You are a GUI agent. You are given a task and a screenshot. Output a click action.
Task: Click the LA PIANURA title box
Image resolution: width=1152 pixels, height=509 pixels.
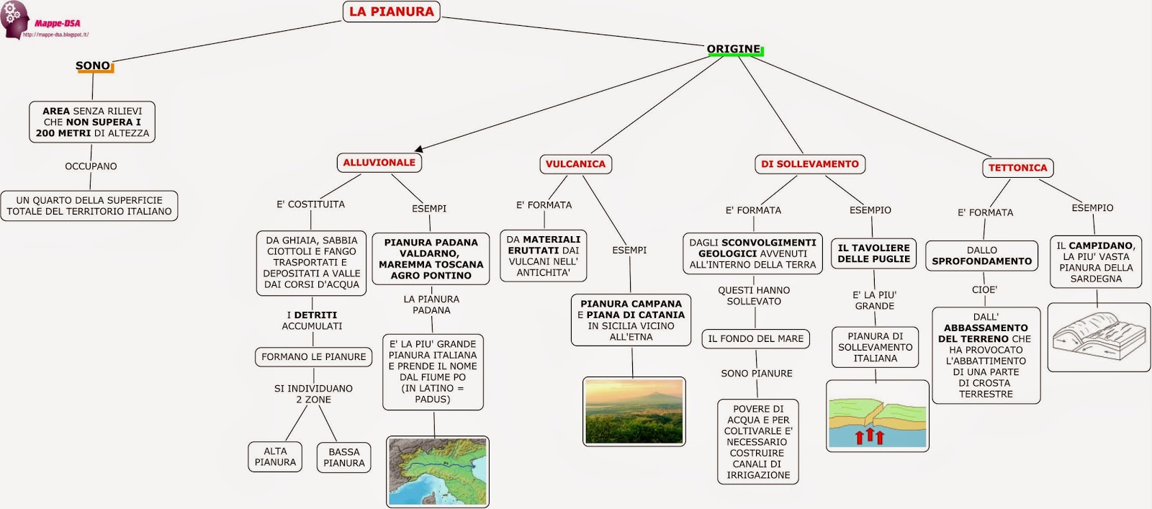[x=391, y=12]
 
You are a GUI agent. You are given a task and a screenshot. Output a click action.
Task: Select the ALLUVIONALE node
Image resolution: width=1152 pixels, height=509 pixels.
[x=379, y=163]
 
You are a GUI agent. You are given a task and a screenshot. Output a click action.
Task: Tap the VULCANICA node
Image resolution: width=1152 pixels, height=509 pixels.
[x=575, y=164]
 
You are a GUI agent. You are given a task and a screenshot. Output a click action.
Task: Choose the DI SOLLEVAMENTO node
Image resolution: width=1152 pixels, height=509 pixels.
[x=809, y=164]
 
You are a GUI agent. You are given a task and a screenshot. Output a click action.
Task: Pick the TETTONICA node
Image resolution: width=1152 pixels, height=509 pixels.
[x=1017, y=168]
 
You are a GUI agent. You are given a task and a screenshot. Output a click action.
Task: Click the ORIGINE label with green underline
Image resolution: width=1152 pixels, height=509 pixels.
[x=734, y=50]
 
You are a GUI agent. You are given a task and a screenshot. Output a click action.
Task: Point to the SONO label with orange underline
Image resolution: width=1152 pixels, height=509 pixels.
[x=94, y=66]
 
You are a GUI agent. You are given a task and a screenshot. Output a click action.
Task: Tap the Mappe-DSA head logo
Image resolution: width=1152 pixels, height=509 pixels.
[x=14, y=19]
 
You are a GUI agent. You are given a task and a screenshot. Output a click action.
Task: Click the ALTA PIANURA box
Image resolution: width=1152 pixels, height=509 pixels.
[x=275, y=456]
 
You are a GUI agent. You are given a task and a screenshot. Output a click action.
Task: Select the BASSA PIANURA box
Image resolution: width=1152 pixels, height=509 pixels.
[x=343, y=457]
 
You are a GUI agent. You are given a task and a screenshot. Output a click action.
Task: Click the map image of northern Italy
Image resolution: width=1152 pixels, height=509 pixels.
[x=438, y=472]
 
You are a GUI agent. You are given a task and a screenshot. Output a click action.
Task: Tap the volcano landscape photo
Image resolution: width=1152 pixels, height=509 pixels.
[x=634, y=411]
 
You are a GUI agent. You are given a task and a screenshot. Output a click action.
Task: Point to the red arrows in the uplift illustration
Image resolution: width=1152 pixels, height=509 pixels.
[x=869, y=436]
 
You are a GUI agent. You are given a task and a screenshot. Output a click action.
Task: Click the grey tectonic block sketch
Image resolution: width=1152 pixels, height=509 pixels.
[x=1098, y=336]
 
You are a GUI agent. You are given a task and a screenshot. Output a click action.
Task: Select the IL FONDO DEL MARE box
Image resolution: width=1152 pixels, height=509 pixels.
[x=755, y=338]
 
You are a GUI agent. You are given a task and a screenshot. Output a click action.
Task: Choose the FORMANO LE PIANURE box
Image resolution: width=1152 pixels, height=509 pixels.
[x=313, y=356]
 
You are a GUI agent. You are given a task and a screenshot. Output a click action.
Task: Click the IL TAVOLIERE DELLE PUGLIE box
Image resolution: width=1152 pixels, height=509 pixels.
[x=874, y=253]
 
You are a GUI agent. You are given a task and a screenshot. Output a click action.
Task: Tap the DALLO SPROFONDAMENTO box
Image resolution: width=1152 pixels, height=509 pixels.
[x=981, y=256]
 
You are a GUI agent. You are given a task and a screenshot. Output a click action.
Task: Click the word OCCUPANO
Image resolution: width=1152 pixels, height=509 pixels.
[x=91, y=166]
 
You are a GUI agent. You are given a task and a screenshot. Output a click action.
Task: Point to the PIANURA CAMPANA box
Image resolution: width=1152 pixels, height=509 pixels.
[x=631, y=320]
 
